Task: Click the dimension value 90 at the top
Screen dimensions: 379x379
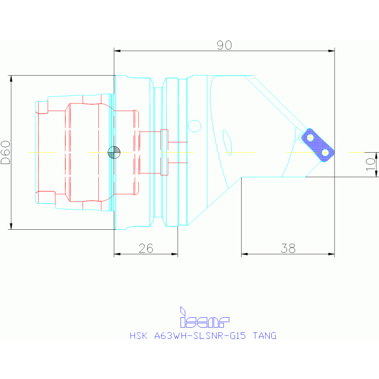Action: click(224, 45)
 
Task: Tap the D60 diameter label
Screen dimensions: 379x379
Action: click(5, 152)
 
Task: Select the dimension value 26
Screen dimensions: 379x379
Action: click(146, 249)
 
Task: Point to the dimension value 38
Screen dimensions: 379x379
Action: click(288, 249)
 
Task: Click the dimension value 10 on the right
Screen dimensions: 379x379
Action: click(370, 164)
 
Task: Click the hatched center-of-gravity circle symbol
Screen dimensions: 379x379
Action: click(114, 152)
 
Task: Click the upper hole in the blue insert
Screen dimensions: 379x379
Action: click(310, 137)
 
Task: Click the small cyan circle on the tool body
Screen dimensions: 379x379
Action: click(195, 126)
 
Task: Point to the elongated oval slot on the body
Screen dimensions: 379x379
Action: click(227, 142)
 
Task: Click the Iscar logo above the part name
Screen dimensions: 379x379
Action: click(204, 318)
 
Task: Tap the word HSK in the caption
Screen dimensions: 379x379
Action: click(138, 336)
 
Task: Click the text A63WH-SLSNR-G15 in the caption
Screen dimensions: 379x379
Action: click(201, 336)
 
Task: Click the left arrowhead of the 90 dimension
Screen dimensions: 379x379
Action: click(116, 50)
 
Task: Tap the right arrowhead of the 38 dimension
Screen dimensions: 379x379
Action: click(332, 254)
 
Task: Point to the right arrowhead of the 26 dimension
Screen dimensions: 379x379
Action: click(175, 254)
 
